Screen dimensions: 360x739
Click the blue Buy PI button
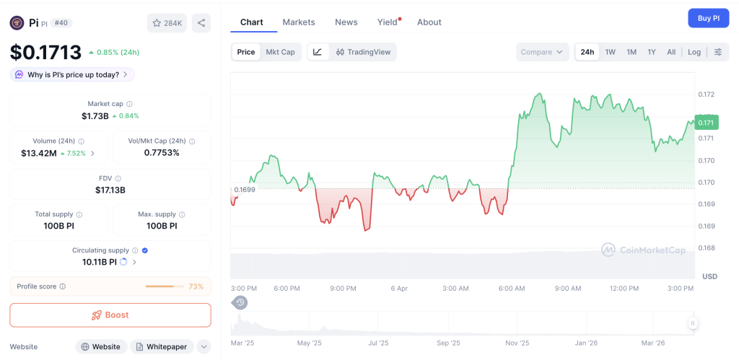pyautogui.click(x=708, y=19)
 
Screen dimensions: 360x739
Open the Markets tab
pyautogui.click(x=299, y=22)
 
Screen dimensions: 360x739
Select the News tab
pyautogui.click(x=346, y=22)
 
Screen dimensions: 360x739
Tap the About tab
pyautogui.click(x=429, y=22)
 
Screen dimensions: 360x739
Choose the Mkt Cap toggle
pyautogui.click(x=280, y=52)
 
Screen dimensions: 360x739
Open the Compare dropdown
pyautogui.click(x=542, y=52)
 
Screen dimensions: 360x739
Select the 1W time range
pyautogui.click(x=611, y=52)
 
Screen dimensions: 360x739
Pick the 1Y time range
pyautogui.click(x=652, y=52)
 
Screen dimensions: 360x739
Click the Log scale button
pyautogui.click(x=694, y=52)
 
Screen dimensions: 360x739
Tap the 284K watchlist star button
pyautogui.click(x=167, y=23)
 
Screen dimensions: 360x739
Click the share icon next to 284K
pyautogui.click(x=201, y=23)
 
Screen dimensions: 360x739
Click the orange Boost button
pyautogui.click(x=110, y=315)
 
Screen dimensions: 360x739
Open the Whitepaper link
pyautogui.click(x=161, y=347)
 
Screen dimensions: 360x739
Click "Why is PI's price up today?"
pyautogui.click(x=72, y=74)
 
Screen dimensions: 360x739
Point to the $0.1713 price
pyautogui.click(x=45, y=52)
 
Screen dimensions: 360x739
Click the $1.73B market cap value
pyautogui.click(x=95, y=116)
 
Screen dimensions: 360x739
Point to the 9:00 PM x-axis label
pyautogui.click(x=343, y=289)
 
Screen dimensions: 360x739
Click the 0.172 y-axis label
pyautogui.click(x=706, y=95)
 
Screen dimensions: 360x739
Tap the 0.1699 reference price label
pyautogui.click(x=244, y=190)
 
